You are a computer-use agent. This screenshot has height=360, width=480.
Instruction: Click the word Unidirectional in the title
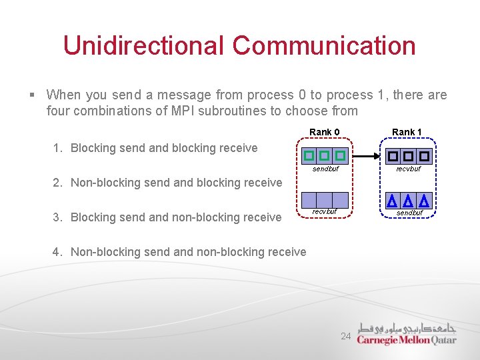tap(143, 45)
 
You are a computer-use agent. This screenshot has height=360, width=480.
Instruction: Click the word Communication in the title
tap(324, 45)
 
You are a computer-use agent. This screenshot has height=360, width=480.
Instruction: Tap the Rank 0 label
tap(324, 132)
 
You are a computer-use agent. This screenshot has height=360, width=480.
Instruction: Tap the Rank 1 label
tap(407, 132)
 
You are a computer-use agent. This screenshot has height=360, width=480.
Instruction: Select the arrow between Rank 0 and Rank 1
tap(366, 156)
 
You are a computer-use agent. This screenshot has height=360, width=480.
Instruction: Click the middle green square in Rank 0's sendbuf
tap(324, 156)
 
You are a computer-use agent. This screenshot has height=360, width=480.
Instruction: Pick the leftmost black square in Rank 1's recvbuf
tap(393, 156)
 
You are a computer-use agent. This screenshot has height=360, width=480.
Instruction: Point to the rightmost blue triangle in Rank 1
tap(423, 200)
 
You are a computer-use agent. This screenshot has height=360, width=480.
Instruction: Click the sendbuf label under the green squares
tap(325, 169)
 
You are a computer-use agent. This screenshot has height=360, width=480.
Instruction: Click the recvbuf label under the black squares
tap(409, 169)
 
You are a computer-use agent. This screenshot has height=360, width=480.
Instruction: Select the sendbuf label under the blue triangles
tap(409, 213)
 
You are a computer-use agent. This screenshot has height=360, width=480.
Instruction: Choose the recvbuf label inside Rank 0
tap(325, 211)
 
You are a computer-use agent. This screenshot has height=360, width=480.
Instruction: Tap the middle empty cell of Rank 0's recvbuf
tap(324, 199)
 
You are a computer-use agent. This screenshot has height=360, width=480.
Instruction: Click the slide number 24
tap(345, 337)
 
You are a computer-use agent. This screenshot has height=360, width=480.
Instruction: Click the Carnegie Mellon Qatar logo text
tap(407, 340)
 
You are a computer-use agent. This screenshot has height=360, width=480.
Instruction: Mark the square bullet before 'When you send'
tap(33, 95)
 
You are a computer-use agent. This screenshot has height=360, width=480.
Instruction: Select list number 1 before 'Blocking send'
tap(57, 148)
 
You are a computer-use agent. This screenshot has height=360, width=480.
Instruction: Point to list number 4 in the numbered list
tap(57, 252)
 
